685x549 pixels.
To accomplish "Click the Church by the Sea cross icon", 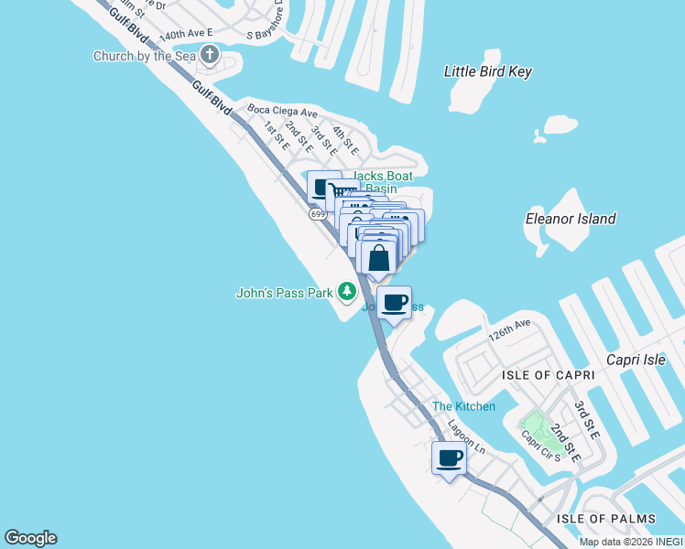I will click(x=210, y=56).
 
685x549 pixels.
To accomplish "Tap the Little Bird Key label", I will click(x=487, y=71).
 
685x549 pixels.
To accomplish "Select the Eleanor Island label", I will click(x=571, y=219).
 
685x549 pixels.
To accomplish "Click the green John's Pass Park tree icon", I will click(x=346, y=292).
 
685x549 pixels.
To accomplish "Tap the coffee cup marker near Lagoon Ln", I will click(x=449, y=457).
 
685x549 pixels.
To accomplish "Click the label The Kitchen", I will click(x=463, y=406).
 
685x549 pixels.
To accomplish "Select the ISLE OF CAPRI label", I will click(x=547, y=375).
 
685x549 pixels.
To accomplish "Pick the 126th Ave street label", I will click(x=509, y=329).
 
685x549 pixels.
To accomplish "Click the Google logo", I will click(x=30, y=538).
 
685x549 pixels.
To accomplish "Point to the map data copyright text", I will click(x=631, y=542).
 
